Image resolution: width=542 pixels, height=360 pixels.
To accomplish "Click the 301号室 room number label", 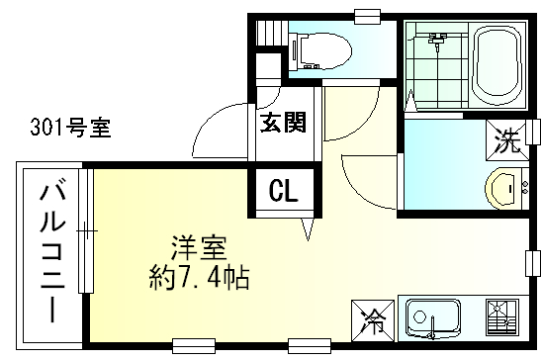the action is click(71, 128).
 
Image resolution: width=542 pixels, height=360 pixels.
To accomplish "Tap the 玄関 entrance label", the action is click(283, 123).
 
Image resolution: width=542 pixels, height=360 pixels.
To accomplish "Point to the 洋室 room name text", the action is click(199, 247).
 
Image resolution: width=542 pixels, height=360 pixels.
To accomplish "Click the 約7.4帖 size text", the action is click(199, 278).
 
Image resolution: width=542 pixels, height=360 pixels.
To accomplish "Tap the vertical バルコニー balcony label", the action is click(52, 253).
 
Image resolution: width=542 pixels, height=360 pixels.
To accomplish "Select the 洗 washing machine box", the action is click(506, 140).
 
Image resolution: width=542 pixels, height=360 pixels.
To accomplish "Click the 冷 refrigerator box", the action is click(373, 321).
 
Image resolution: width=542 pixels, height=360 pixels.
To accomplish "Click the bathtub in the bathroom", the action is click(498, 65).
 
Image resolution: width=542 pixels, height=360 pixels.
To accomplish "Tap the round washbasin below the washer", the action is click(503, 189).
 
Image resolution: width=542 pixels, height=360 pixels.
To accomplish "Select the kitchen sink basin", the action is click(433, 318).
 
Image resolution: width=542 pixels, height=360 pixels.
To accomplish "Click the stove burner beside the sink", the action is click(501, 317).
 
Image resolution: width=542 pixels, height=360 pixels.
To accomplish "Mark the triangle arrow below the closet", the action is click(308, 228).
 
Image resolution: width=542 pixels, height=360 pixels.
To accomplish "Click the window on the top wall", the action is click(368, 17).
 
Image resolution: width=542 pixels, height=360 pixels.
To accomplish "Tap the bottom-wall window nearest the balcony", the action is click(194, 346).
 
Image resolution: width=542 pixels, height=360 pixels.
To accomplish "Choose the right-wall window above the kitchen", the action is click(533, 263).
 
